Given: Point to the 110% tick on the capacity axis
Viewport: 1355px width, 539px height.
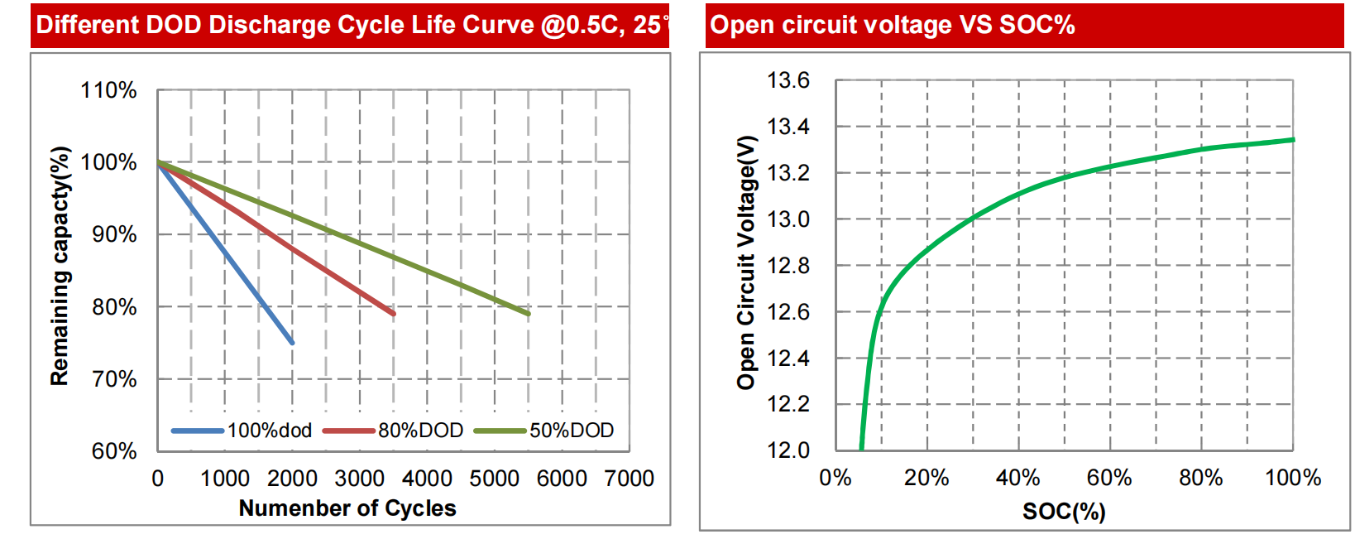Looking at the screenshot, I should tap(108, 90).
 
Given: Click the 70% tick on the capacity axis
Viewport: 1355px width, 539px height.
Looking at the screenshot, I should tap(114, 379).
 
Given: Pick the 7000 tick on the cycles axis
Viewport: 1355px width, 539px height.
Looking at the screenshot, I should tap(630, 479).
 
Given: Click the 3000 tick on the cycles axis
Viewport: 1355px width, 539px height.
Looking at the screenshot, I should tap(359, 479).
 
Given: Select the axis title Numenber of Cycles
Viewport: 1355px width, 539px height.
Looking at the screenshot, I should tap(347, 508).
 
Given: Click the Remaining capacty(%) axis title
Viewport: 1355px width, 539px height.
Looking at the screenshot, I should tap(60, 266).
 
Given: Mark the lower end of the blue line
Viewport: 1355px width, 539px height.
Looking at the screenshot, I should tap(292, 342).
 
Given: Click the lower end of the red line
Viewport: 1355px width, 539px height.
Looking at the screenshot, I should tap(393, 314).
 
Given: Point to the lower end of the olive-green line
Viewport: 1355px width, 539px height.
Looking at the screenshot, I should tap(528, 314).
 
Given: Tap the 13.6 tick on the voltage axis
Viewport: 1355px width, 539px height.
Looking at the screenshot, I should tap(788, 80).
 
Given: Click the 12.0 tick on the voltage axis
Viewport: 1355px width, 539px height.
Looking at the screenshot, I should tap(788, 450).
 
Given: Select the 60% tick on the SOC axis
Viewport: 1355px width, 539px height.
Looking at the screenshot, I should tap(1109, 478).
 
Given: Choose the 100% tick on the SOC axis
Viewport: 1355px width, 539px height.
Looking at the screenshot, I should tap(1293, 478).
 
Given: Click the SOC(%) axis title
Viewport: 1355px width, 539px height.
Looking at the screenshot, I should tap(1064, 512).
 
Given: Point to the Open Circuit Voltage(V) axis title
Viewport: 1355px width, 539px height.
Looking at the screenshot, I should tap(746, 262).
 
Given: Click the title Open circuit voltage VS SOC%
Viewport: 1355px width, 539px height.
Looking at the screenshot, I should tap(893, 25).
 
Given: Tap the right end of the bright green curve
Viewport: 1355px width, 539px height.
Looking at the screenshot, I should tap(1293, 140).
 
